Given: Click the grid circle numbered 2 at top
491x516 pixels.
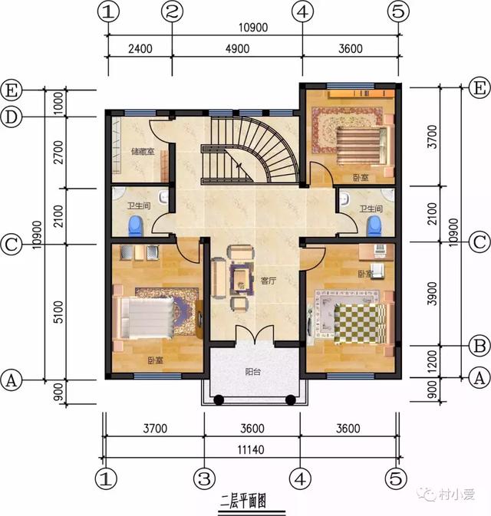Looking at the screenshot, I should pyautogui.click(x=173, y=12).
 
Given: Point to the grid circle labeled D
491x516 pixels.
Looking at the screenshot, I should pyautogui.click(x=11, y=117).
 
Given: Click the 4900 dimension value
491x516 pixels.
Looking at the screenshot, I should pyautogui.click(x=236, y=48).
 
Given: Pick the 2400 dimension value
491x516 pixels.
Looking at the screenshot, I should pyautogui.click(x=139, y=48).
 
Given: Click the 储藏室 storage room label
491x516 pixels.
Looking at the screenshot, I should pyautogui.click(x=143, y=152).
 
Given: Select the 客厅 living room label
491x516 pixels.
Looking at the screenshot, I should pyautogui.click(x=268, y=281).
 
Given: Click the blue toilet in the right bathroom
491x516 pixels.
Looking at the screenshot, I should pyautogui.click(x=374, y=225).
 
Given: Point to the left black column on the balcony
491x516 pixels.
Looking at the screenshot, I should pyautogui.click(x=218, y=399).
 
